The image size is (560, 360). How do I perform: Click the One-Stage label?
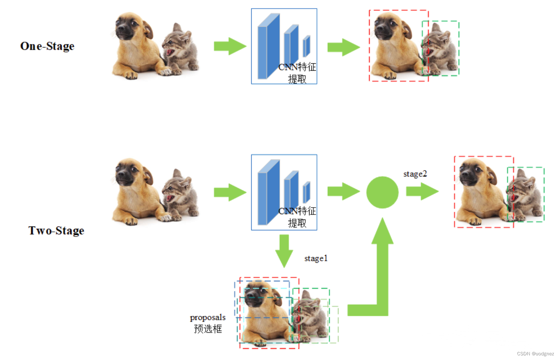(x=47, y=46)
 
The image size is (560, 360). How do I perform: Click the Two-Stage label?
(x=56, y=231)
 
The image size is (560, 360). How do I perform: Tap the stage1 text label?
(x=316, y=259)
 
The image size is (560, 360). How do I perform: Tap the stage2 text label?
(x=415, y=174)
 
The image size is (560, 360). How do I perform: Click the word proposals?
(x=208, y=318)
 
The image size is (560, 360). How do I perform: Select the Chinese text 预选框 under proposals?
(x=208, y=329)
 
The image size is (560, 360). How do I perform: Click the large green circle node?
(x=382, y=192)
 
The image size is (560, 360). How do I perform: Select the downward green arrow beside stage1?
(x=284, y=251)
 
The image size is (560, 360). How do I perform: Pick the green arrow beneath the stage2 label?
(x=422, y=191)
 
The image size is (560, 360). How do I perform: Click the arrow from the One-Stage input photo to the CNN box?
(x=230, y=46)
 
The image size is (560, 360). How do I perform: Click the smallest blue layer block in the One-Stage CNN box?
(x=306, y=46)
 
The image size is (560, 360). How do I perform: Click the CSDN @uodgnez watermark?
(x=535, y=354)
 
